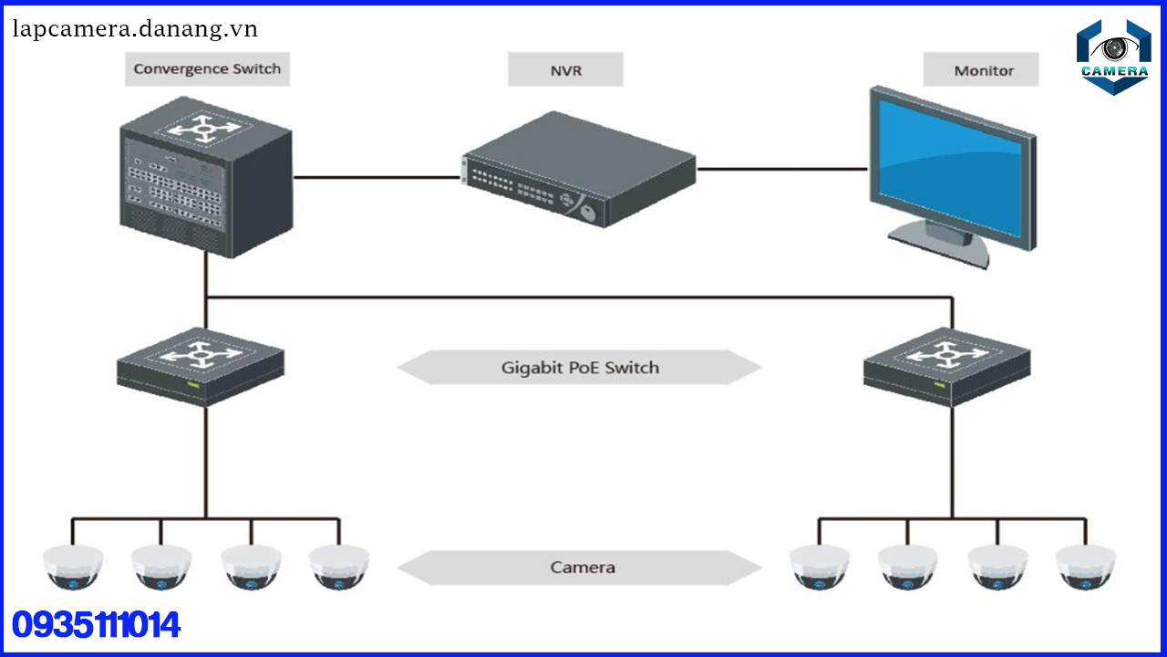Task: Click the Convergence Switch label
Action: point(207,69)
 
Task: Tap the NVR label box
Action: point(565,69)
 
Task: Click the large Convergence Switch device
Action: point(205,182)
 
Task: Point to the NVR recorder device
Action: point(579,170)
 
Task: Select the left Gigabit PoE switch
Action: point(201,365)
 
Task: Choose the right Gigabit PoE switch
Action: point(948,365)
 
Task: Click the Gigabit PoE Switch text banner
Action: point(580,368)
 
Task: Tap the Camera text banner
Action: point(582,568)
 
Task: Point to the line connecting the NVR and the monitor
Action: point(782,169)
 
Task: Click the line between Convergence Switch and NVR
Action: point(376,177)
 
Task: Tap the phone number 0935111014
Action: point(97,626)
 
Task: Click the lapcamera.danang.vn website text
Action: point(135,29)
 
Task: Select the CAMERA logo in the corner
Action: point(1113,57)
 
